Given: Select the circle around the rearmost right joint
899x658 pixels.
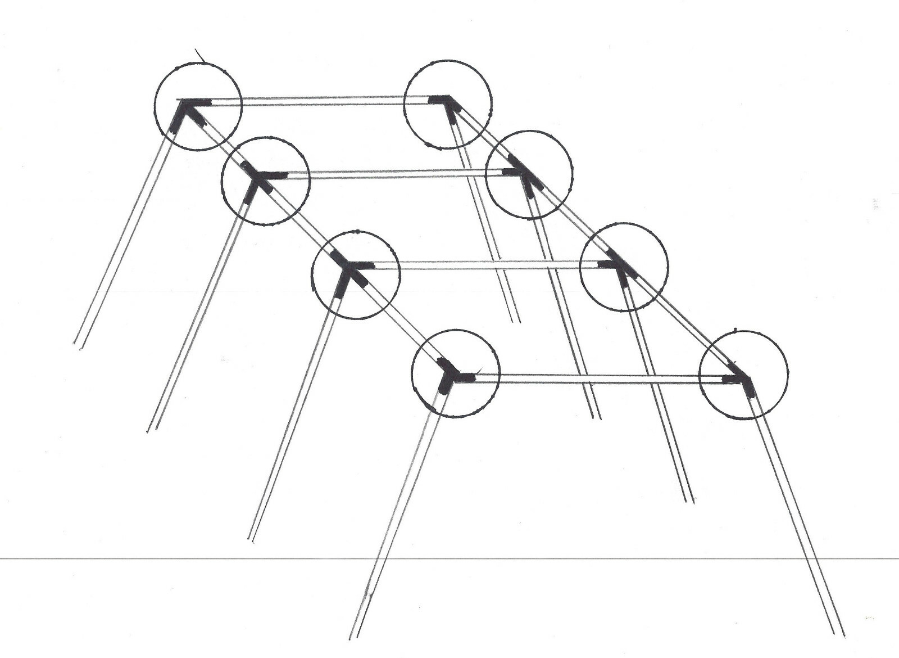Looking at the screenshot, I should pyautogui.click(x=448, y=105).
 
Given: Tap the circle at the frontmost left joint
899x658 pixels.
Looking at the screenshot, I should pyautogui.click(x=455, y=373).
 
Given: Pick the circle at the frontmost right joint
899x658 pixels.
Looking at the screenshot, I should pyautogui.click(x=743, y=375).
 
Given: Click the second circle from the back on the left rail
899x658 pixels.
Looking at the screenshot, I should pyautogui.click(x=265, y=180).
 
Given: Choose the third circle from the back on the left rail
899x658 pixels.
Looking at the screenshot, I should pyautogui.click(x=356, y=275).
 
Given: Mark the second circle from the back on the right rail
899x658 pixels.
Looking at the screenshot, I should pyautogui.click(x=529, y=175).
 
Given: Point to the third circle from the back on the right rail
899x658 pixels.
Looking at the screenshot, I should pyautogui.click(x=624, y=267).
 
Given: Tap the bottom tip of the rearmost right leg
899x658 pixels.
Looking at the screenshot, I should pyautogui.click(x=516, y=322).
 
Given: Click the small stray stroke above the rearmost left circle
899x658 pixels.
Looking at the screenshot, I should pyautogui.click(x=200, y=55).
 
